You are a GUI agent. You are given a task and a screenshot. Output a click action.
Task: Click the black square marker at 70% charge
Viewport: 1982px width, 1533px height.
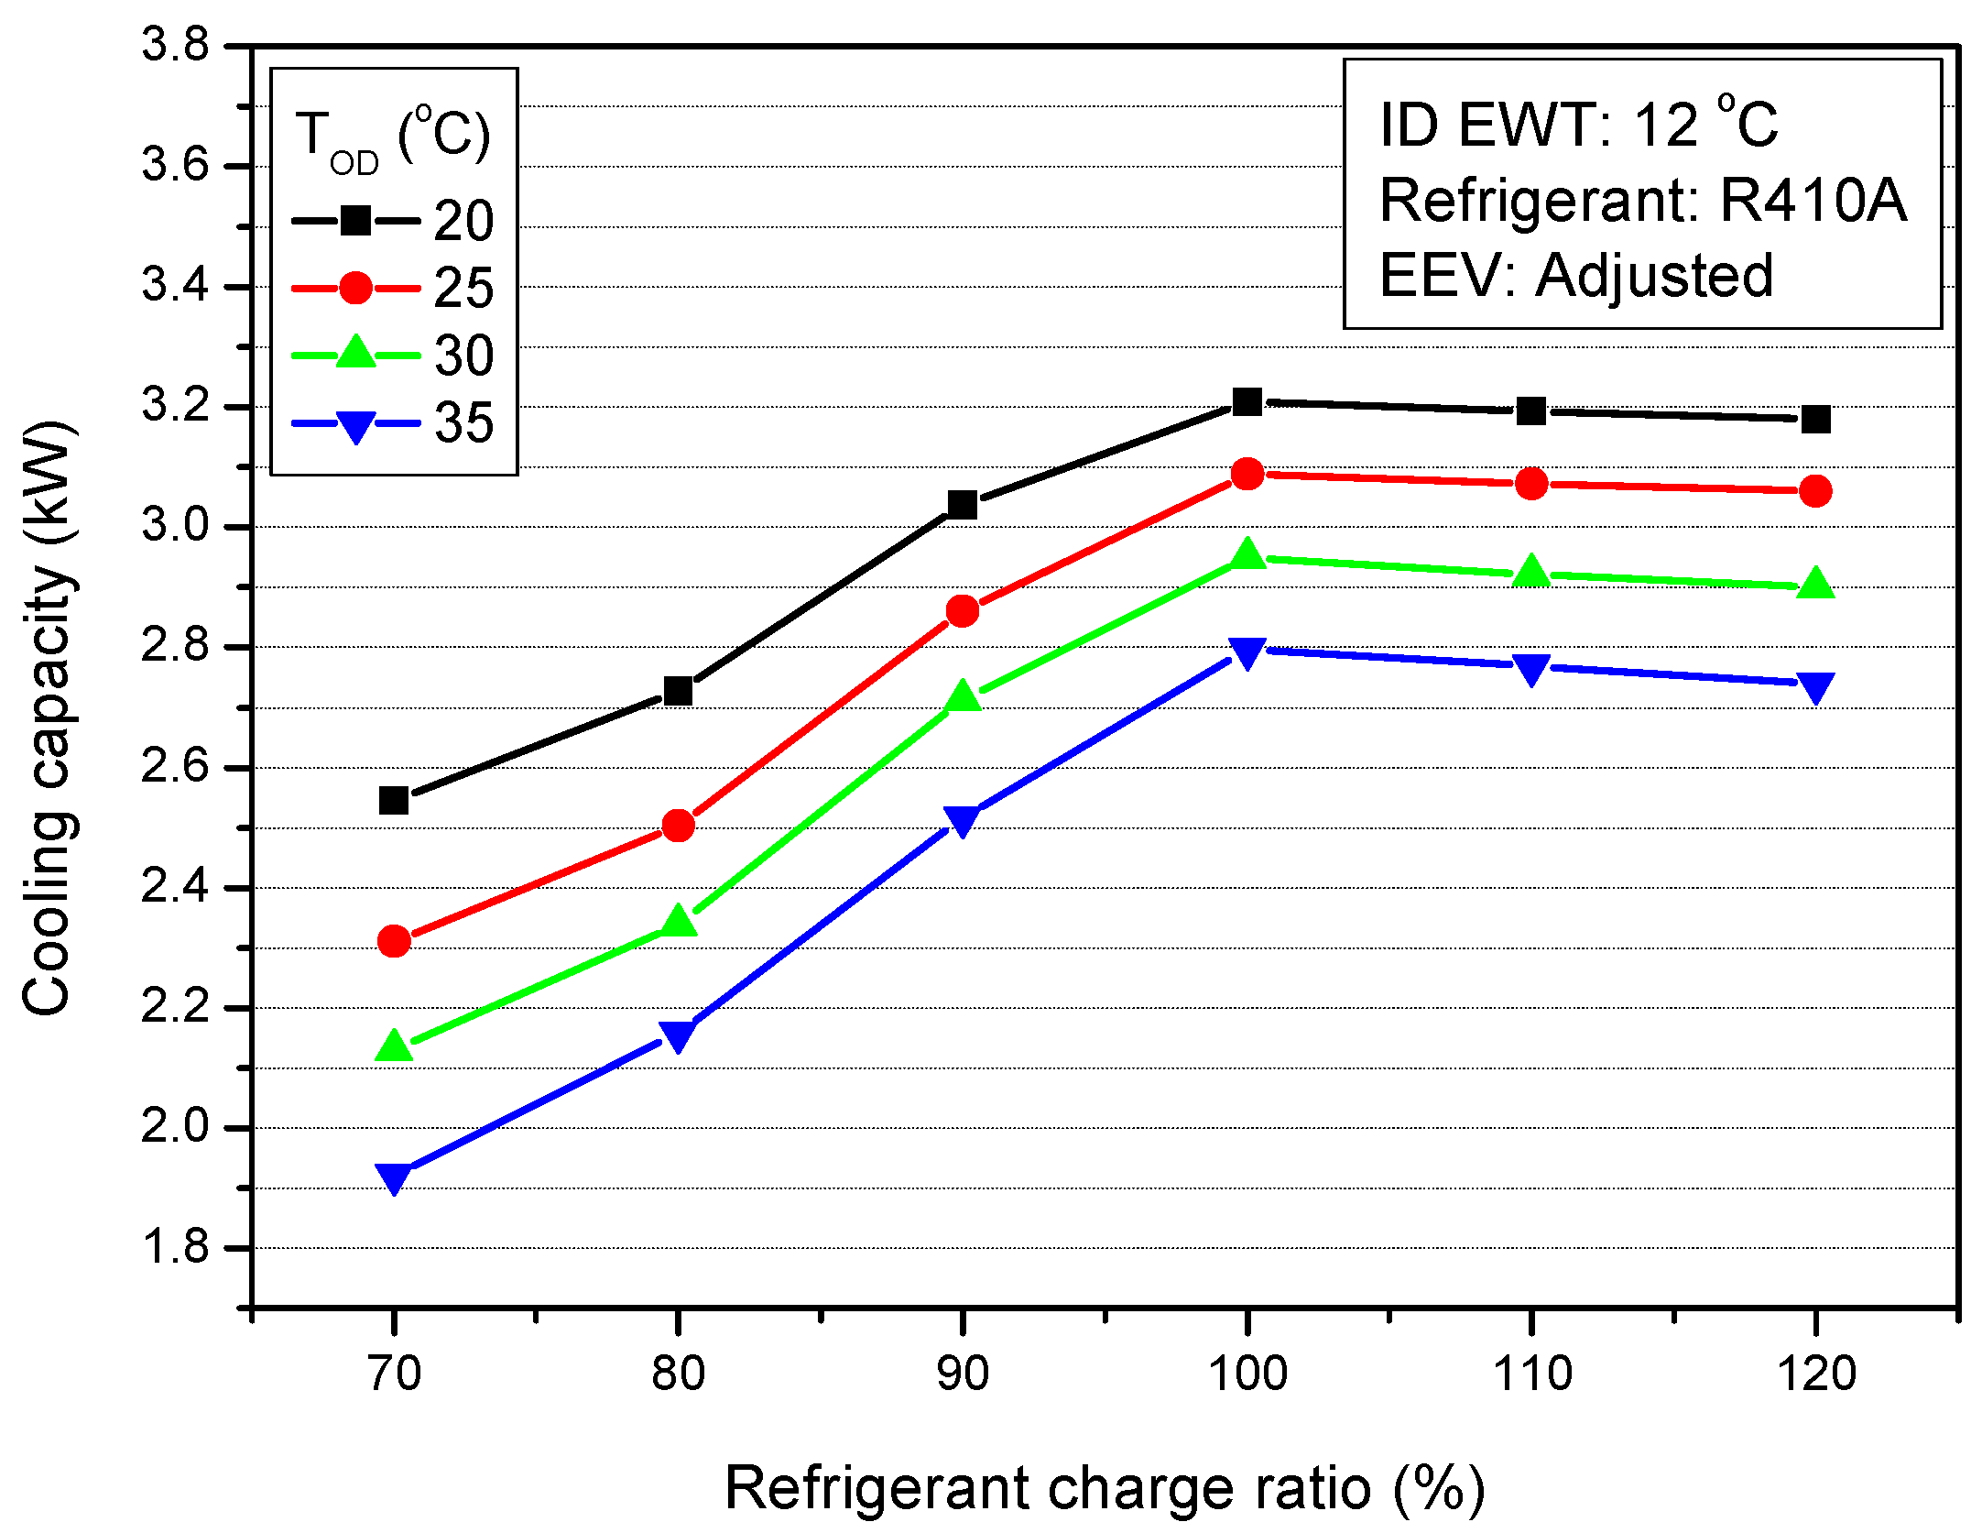pos(394,801)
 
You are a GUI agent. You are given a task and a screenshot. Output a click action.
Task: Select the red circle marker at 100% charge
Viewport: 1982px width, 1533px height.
pos(1247,474)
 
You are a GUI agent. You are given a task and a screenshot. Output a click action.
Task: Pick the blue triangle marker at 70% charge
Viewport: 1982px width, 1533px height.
pos(394,1177)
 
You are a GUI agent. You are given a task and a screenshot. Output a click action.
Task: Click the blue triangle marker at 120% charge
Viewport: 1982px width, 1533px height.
pos(1815,686)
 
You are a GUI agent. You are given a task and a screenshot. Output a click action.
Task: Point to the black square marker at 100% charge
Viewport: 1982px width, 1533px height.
pos(1247,401)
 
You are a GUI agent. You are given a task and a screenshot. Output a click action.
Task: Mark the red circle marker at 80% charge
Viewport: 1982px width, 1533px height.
pos(678,826)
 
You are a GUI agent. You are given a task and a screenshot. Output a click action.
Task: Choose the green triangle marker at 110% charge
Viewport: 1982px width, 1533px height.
pos(1531,573)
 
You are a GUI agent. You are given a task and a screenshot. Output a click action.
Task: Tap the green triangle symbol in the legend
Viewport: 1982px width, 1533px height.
pos(355,354)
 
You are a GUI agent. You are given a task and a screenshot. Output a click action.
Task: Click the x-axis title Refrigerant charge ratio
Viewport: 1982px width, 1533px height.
pos(1104,1488)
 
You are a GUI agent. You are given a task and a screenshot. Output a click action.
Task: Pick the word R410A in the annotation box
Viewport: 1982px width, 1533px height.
pos(1813,200)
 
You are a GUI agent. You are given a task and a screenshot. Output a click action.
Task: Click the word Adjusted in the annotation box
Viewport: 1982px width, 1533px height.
pos(1654,275)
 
